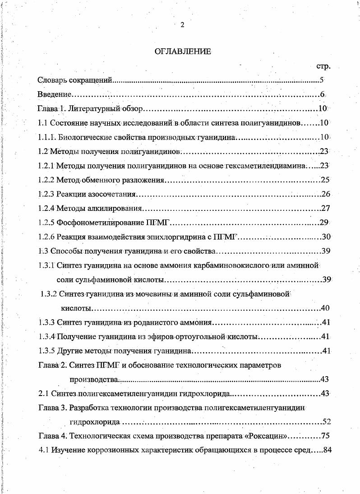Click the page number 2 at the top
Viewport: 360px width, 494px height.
point(182,25)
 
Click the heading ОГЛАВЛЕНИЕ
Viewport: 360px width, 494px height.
point(183,51)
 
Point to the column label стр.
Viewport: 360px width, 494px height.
point(323,66)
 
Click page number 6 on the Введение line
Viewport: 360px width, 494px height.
point(322,95)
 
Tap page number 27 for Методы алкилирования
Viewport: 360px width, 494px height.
point(325,208)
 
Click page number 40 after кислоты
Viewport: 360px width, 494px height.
point(325,308)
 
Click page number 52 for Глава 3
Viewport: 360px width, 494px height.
point(327,422)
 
